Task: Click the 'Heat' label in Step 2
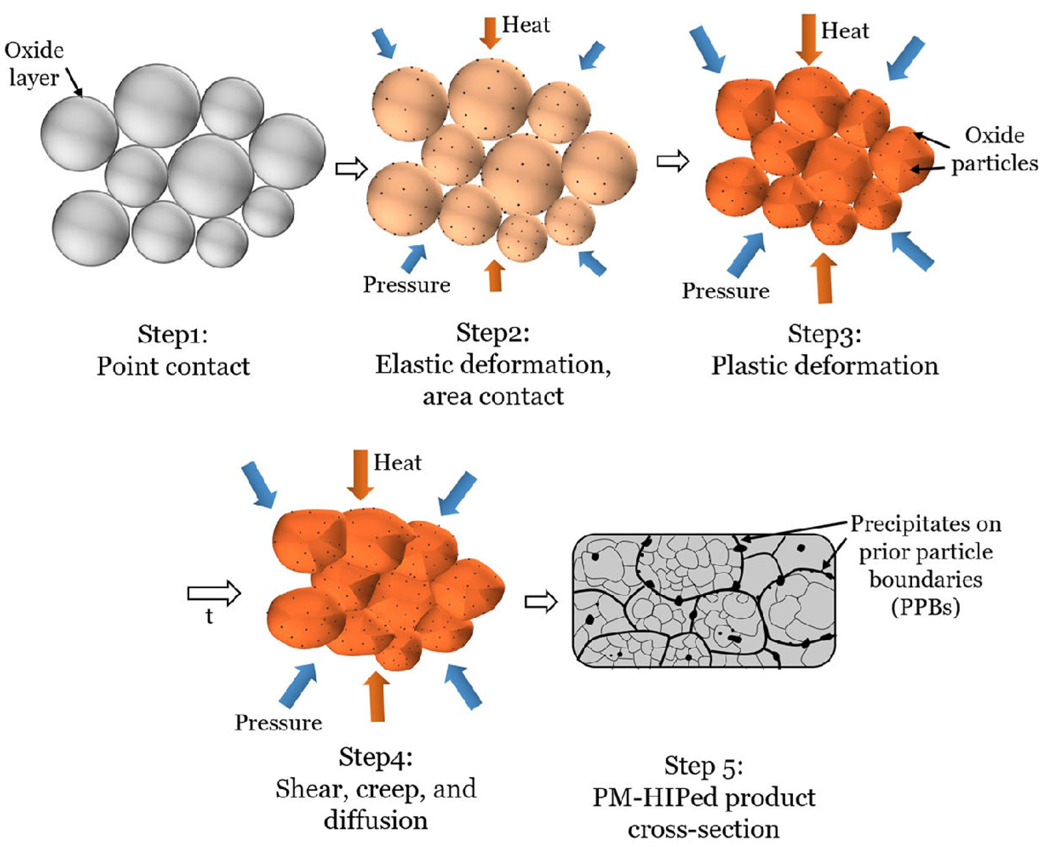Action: tap(525, 25)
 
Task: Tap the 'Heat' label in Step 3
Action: tap(845, 31)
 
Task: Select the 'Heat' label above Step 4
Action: tap(397, 462)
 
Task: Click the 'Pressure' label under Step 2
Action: tap(406, 285)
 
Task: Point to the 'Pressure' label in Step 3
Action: tap(725, 291)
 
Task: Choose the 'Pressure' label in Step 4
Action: tap(278, 723)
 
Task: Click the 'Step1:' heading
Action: tap(173, 335)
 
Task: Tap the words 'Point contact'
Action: tap(173, 366)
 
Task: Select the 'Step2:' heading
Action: tap(493, 333)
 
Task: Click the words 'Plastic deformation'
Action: tap(825, 366)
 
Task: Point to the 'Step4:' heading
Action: tap(376, 757)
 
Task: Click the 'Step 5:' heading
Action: tap(703, 765)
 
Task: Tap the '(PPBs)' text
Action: tap(925, 608)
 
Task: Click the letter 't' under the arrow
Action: tap(209, 616)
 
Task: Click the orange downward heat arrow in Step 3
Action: tap(808, 39)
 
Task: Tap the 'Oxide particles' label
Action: tap(994, 149)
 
